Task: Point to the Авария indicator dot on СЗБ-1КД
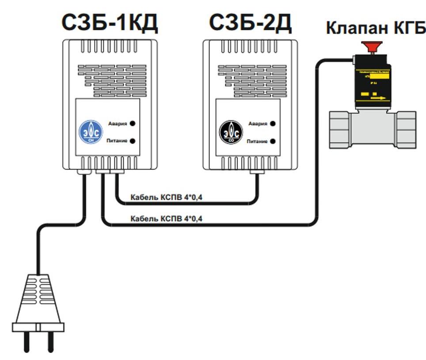132,124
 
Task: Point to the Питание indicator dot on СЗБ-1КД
132,141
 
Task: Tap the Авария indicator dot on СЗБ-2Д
273,124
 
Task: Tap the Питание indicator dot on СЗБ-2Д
273,141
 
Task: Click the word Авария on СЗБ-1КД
118,124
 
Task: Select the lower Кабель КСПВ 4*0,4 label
167,218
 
